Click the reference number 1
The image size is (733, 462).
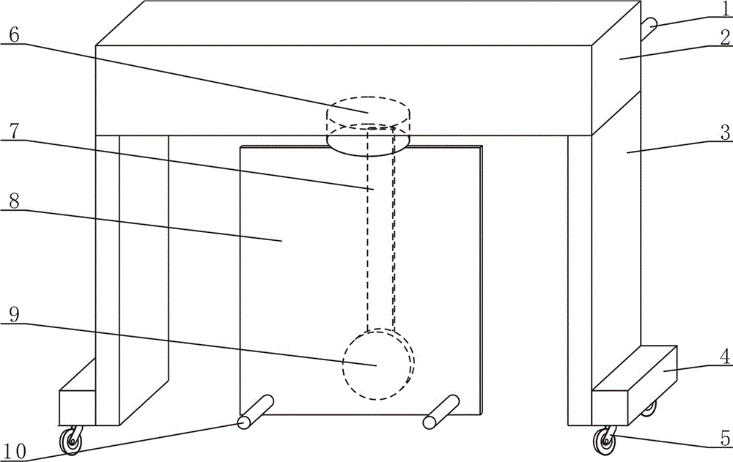tap(726, 9)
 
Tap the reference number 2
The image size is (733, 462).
tap(726, 38)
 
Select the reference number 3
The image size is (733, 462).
tap(726, 133)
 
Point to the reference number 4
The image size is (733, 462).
tap(725, 357)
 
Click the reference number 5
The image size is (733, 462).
tap(725, 439)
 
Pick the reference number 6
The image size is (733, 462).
tap(14, 35)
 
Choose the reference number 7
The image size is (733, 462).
tap(14, 131)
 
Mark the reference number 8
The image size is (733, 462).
tap(14, 201)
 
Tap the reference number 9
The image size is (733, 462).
tap(14, 314)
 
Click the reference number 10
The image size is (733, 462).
tap(15, 452)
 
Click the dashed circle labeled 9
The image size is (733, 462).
tap(379, 364)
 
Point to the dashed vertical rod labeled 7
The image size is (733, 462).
tap(381, 229)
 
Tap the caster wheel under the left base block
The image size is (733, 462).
tap(71, 440)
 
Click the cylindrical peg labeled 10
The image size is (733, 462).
tap(255, 412)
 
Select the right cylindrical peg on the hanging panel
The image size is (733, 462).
tap(441, 412)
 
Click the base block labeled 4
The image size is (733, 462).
tap(634, 385)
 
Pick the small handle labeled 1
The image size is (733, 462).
tap(649, 29)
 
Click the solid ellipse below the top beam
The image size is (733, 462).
tap(369, 141)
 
